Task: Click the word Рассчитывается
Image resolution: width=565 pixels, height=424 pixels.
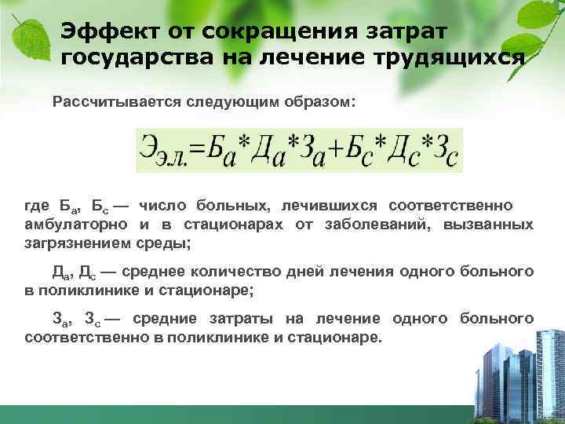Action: (x=116, y=103)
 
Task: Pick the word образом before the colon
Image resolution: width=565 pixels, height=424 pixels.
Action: (x=320, y=103)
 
